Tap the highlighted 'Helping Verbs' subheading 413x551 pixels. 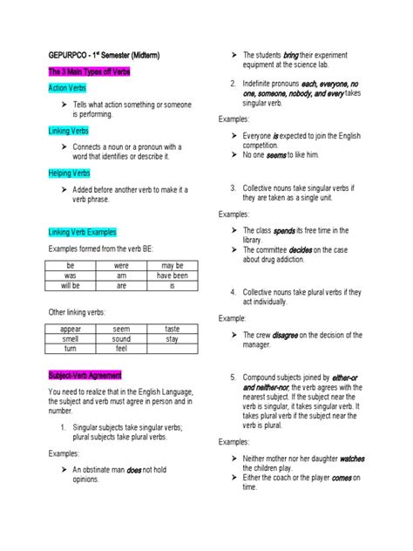(x=68, y=173)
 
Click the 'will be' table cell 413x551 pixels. (x=71, y=285)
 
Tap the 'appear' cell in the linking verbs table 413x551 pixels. (x=71, y=329)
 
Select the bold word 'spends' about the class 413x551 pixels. (x=284, y=231)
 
